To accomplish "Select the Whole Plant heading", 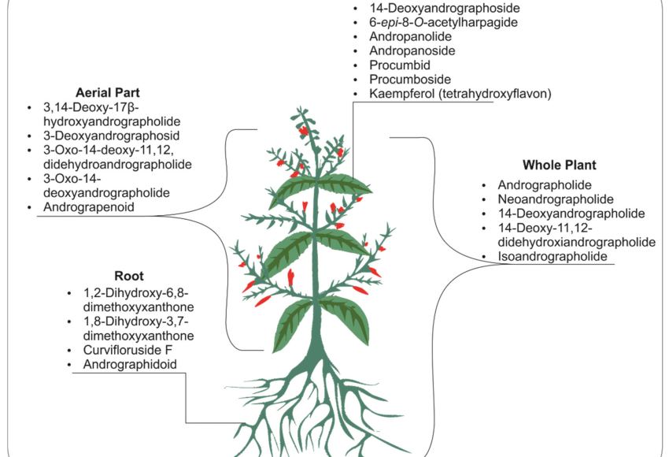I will (559, 165).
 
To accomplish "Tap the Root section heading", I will (129, 277).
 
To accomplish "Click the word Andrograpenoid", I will (90, 207).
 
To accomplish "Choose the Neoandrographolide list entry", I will (556, 199).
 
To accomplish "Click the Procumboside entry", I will (409, 80).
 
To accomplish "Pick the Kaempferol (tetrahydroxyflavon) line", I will (460, 94).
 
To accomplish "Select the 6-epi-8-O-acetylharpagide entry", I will (443, 23).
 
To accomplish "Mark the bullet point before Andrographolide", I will (485, 185).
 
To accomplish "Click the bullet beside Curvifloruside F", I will (72, 350).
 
